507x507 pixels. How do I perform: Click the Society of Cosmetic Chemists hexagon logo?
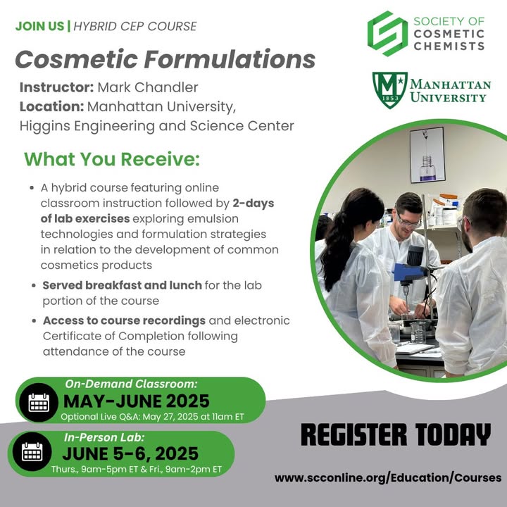coord(387,34)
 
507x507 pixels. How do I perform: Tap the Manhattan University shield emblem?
coord(389,90)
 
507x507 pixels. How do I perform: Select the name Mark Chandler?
coord(148,87)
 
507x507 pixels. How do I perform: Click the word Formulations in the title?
coord(230,59)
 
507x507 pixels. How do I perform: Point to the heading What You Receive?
coord(112,159)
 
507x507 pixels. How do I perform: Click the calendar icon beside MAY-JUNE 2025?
coord(39,403)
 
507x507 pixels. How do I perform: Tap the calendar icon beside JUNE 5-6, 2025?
coord(32,451)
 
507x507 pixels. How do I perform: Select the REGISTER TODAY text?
coord(396,435)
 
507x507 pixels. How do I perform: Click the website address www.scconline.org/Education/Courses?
coord(388,478)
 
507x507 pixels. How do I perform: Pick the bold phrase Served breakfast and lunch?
coord(123,285)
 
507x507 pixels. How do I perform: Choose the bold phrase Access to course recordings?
coord(124,320)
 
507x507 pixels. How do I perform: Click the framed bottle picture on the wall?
coord(427,155)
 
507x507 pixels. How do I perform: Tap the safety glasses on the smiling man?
coord(408,222)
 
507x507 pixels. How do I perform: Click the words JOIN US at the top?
coord(39,26)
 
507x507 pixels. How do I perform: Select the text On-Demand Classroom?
coord(131,384)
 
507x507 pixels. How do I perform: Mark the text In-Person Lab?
coord(104,437)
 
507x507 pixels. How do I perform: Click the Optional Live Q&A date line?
coord(152,416)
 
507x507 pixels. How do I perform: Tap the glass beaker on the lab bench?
coord(418,332)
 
